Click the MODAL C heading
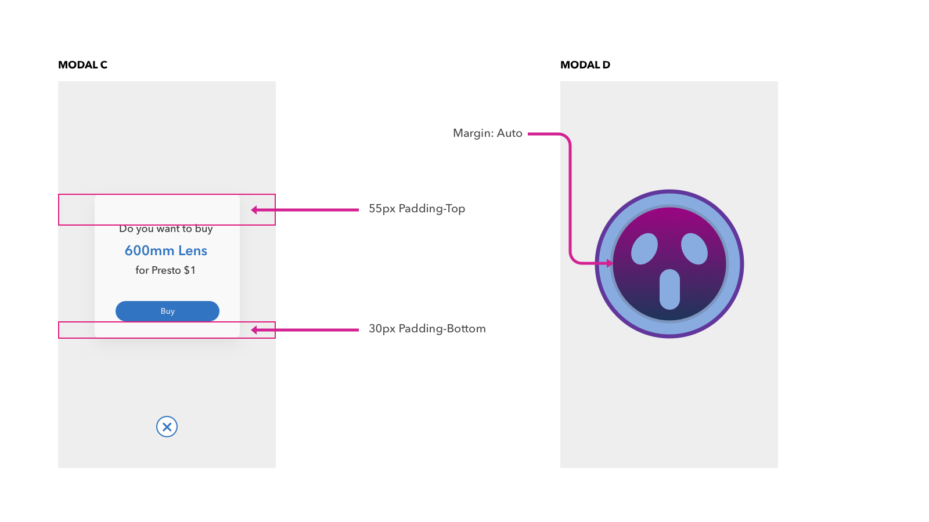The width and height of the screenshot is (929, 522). [x=82, y=65]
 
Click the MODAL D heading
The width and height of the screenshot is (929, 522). [x=585, y=65]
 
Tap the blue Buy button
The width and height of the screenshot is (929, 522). [x=167, y=311]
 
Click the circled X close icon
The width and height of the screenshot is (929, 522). [x=167, y=427]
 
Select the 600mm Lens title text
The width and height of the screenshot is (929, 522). [x=166, y=251]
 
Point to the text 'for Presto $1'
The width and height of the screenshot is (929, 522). [x=165, y=270]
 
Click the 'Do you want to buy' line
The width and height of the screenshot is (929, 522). [x=166, y=229]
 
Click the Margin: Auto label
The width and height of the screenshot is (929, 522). [x=487, y=133]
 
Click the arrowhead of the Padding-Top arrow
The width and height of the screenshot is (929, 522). [x=254, y=210]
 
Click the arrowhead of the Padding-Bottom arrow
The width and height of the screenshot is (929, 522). [x=254, y=330]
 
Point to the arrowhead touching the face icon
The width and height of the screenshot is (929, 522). [x=610, y=263]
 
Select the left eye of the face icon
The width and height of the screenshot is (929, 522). [x=644, y=249]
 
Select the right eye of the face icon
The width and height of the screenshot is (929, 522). [x=694, y=249]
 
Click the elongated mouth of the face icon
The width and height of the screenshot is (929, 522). [x=669, y=289]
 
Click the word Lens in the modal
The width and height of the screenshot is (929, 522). [x=193, y=251]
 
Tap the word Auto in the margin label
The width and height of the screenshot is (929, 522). [x=509, y=133]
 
